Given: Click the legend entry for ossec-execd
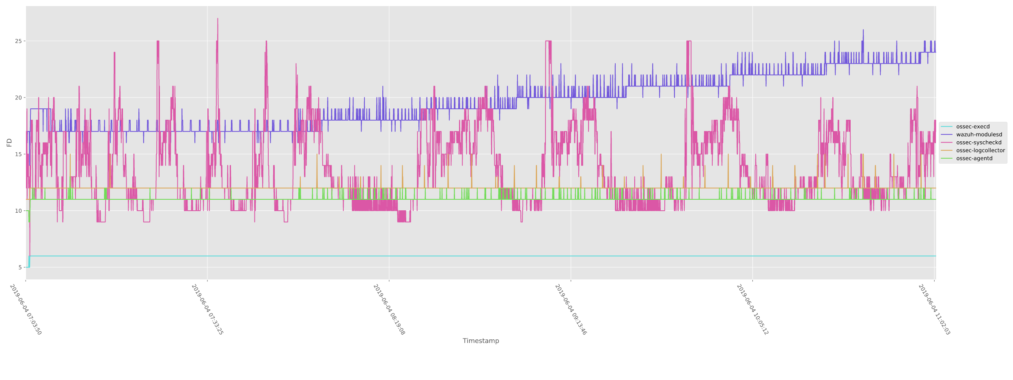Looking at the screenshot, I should [x=972, y=127].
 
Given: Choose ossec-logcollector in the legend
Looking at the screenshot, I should [x=980, y=151].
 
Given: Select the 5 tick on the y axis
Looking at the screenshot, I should [x=20, y=268].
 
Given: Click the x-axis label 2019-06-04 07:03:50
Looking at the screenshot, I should [x=26, y=310].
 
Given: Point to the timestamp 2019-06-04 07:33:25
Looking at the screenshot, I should [x=207, y=310].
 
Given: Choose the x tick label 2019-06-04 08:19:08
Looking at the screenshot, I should [x=389, y=310].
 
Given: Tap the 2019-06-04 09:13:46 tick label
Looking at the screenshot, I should [x=571, y=310].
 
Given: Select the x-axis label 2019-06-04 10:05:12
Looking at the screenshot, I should [x=752, y=310].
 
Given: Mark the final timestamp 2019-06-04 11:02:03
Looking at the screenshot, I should [x=934, y=310].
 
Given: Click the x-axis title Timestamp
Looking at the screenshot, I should [x=481, y=341].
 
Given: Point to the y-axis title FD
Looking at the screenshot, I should [x=9, y=142].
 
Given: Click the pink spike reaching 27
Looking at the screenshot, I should [x=218, y=19].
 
